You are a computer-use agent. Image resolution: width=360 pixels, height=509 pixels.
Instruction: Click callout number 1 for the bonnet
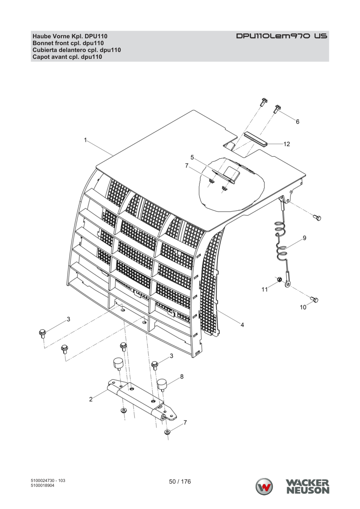coord(85,140)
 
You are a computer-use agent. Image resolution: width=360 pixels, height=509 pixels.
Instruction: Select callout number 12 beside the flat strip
coord(287,144)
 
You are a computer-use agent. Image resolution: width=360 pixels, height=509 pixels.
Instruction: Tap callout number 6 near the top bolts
coord(298,122)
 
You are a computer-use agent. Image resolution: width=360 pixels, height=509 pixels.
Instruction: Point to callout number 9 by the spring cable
coord(304,238)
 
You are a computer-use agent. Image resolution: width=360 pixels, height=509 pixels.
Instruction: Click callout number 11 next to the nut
coord(264,289)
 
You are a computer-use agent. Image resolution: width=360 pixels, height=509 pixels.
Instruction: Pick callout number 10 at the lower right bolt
coord(303,307)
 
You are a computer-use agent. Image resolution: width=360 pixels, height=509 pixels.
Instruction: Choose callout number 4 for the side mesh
coord(242,325)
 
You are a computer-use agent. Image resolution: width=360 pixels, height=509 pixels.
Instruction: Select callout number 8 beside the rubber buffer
coord(182,376)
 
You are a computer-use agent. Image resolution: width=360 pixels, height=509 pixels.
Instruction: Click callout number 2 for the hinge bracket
coord(91,399)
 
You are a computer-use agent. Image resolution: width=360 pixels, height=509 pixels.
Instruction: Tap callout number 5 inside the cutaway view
coord(192,157)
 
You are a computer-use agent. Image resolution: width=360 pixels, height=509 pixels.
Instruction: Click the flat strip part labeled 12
coord(256,139)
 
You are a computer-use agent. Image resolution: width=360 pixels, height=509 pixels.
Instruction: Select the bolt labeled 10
coord(315,300)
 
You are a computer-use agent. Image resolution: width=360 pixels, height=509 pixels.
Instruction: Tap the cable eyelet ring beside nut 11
coord(288,284)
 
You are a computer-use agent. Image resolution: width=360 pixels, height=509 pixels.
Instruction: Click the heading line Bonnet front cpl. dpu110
coord(68,43)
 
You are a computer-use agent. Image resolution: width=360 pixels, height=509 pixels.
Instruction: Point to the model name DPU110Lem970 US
coord(282,36)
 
